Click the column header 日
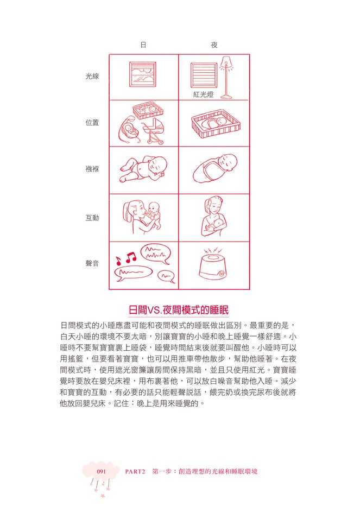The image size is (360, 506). pyautogui.click(x=143, y=45)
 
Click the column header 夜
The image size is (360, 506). pyautogui.click(x=214, y=45)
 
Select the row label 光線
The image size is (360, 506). pyautogui.click(x=92, y=77)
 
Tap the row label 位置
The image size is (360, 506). pyautogui.click(x=92, y=123)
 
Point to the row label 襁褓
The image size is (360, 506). pyautogui.click(x=92, y=169)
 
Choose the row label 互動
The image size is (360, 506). pyautogui.click(x=92, y=218)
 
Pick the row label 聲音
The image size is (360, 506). pyautogui.click(x=92, y=263)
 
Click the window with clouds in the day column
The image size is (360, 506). pyautogui.click(x=143, y=74)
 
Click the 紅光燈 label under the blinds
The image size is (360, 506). pyautogui.click(x=204, y=94)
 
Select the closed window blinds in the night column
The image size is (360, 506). pyautogui.click(x=204, y=75)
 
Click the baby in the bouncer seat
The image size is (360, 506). pyautogui.click(x=131, y=130)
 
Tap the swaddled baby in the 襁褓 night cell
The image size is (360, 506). pyautogui.click(x=214, y=168)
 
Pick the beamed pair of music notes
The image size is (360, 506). pyautogui.click(x=131, y=257)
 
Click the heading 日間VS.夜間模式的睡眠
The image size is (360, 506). pyautogui.click(x=179, y=310)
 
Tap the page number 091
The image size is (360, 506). pyautogui.click(x=102, y=471)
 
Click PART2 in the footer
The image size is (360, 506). pyautogui.click(x=135, y=471)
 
